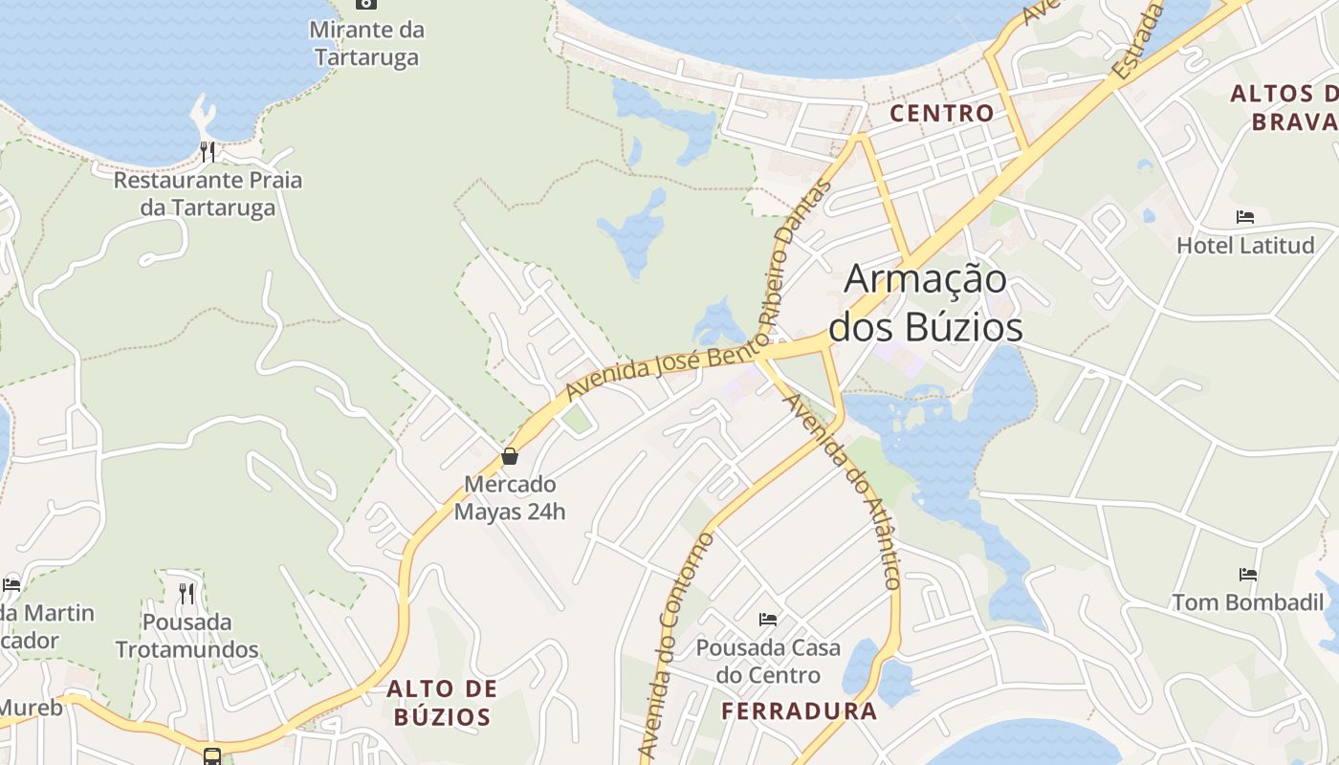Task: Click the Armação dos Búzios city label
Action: point(926,302)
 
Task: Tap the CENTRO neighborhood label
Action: point(941,113)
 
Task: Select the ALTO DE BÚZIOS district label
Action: point(442,703)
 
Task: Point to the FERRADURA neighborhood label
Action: point(799,711)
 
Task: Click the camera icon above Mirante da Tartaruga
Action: point(365,3)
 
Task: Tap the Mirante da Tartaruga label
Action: point(366,43)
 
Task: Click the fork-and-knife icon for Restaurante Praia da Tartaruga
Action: point(208,151)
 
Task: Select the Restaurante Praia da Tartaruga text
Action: point(208,193)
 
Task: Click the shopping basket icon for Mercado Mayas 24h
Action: point(510,456)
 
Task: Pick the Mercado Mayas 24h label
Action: point(510,497)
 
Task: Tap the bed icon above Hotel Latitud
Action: point(1244,217)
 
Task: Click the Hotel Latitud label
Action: point(1244,246)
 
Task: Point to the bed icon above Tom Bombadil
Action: point(1248,575)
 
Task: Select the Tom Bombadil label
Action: point(1248,603)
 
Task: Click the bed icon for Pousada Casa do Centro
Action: point(768,620)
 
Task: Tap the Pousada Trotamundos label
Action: point(187,636)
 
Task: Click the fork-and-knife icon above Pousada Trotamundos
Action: point(187,594)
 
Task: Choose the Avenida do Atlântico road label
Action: point(843,491)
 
